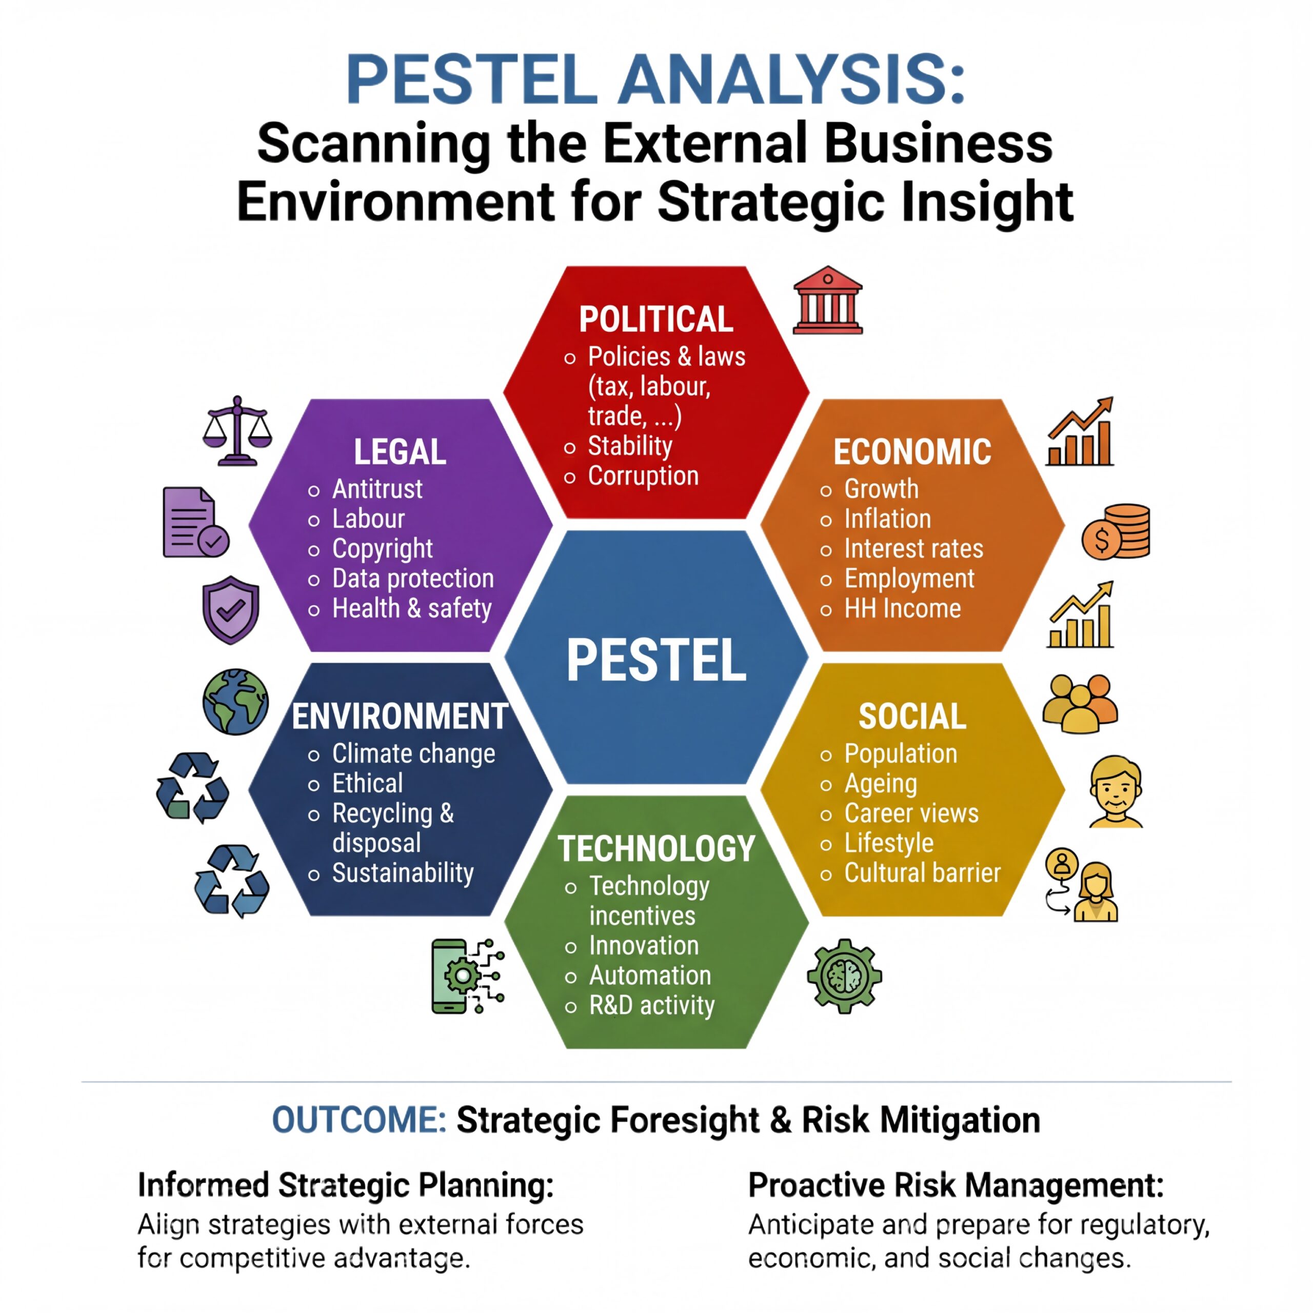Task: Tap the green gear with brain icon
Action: pyautogui.click(x=844, y=977)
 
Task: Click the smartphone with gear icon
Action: pyautogui.click(x=468, y=977)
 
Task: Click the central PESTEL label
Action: pyautogui.click(x=656, y=660)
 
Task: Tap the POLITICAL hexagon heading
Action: pyautogui.click(x=656, y=320)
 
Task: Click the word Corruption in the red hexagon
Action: pyautogui.click(x=643, y=476)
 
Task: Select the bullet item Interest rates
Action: pyautogui.click(x=913, y=548)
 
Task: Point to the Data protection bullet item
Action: pyautogui.click(x=412, y=579)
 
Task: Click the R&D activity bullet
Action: pyautogui.click(x=652, y=1005)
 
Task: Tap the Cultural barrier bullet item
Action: pyautogui.click(x=922, y=872)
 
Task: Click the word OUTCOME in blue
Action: pyautogui.click(x=359, y=1120)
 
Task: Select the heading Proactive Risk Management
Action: pyautogui.click(x=956, y=1186)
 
